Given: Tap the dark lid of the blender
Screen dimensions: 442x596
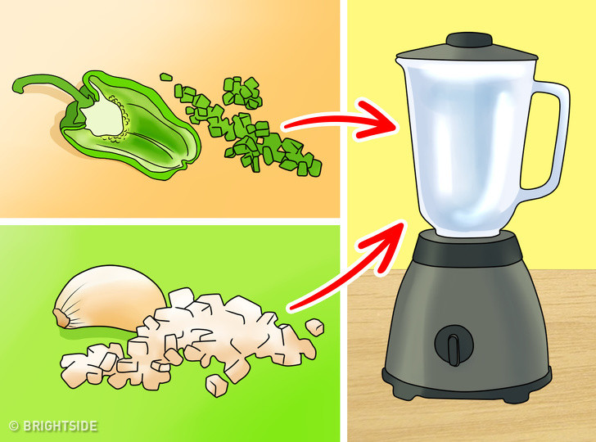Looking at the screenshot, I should point(467,51).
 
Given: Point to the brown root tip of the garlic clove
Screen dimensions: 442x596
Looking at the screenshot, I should point(59,316).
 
